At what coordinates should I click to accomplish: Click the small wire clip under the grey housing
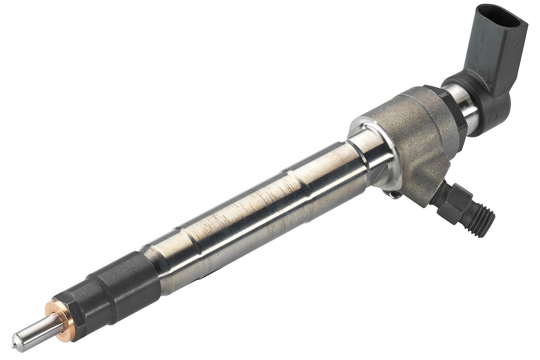[394, 194]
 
